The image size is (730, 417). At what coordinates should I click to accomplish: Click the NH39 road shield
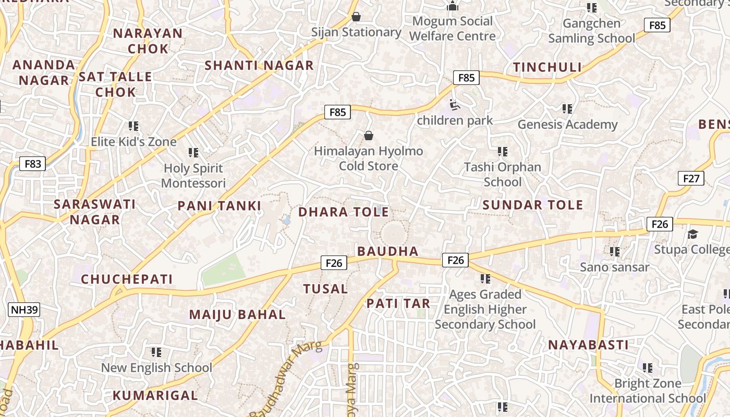click(x=25, y=310)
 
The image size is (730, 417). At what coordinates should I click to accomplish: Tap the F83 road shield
click(x=32, y=164)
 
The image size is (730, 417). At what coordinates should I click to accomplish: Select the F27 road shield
click(x=691, y=179)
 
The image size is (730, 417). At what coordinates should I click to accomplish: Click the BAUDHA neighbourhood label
click(x=388, y=251)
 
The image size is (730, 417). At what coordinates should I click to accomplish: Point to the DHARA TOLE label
click(x=343, y=212)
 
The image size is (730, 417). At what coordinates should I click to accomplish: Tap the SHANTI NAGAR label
click(x=259, y=66)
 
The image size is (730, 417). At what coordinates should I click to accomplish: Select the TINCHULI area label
click(x=547, y=67)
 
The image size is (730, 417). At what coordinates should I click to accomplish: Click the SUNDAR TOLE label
click(x=532, y=205)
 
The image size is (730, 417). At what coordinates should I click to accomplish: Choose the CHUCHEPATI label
click(x=127, y=279)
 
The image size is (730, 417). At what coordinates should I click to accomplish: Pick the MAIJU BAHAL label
click(x=237, y=315)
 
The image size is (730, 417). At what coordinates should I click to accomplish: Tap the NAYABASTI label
click(x=588, y=345)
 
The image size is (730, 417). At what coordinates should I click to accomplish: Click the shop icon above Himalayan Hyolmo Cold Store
click(x=369, y=136)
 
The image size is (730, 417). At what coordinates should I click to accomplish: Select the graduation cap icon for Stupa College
click(x=692, y=235)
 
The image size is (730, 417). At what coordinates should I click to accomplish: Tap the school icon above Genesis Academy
click(x=567, y=109)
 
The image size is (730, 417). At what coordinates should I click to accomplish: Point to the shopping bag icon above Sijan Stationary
click(x=356, y=17)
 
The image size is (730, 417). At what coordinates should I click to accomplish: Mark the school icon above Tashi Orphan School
click(x=503, y=152)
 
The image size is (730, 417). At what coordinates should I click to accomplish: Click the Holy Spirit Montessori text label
click(x=193, y=176)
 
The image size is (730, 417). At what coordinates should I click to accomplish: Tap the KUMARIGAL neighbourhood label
click(x=155, y=395)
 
